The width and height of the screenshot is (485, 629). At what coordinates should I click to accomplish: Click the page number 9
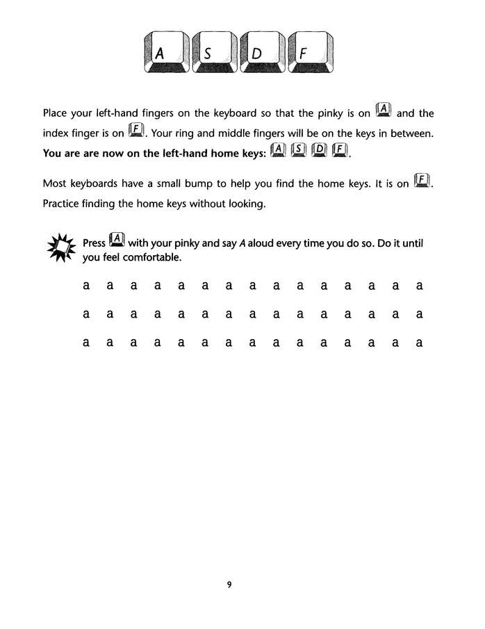click(229, 584)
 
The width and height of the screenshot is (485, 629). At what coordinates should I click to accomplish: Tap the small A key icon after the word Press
click(117, 241)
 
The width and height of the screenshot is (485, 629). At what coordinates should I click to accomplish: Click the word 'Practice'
click(64, 203)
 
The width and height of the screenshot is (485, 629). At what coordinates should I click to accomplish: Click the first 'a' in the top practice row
click(86, 286)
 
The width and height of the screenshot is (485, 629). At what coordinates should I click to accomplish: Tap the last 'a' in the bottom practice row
click(419, 343)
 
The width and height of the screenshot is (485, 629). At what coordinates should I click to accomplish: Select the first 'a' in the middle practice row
click(86, 314)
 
